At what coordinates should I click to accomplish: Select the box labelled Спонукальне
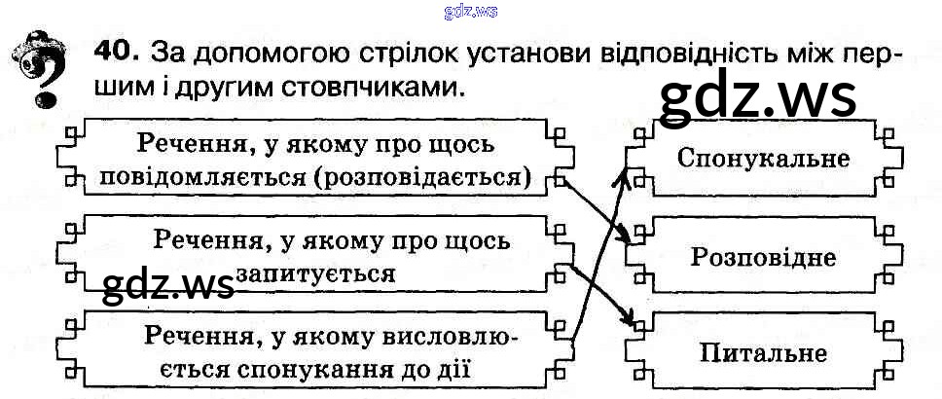tap(762, 158)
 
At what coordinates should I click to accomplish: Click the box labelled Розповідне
tap(763, 257)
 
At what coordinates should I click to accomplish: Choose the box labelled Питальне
tap(762, 352)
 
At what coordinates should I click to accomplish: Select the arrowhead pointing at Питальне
tap(632, 321)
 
